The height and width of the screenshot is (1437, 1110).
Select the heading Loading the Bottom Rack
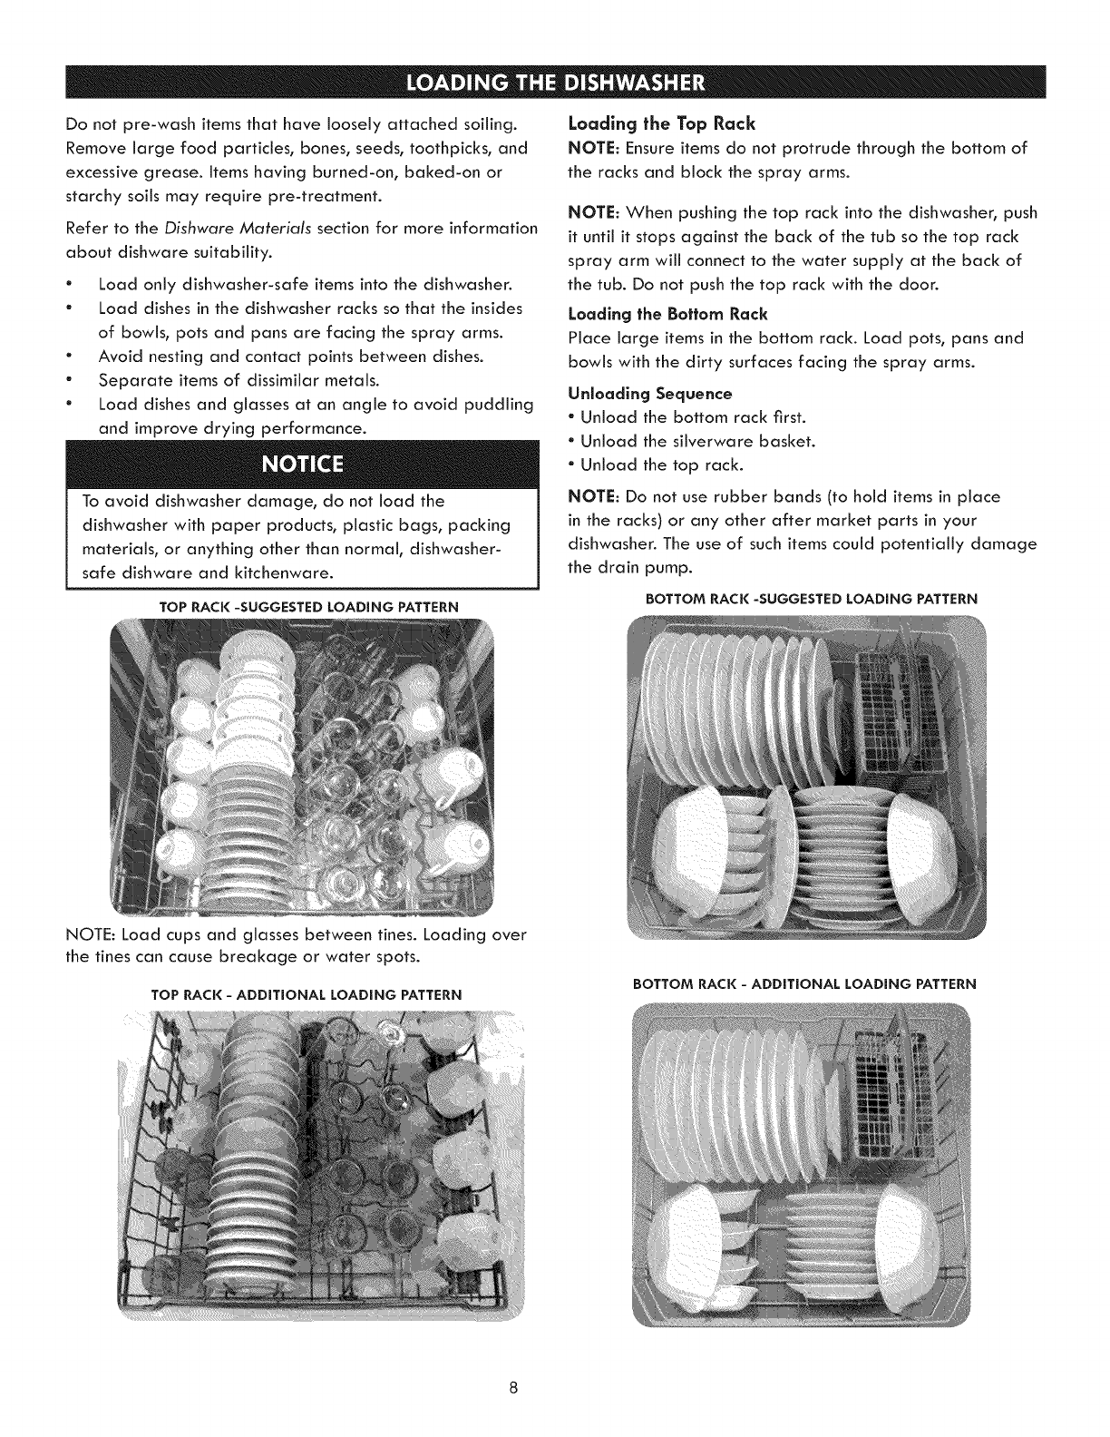tap(667, 314)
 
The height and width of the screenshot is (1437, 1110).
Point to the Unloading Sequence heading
tap(649, 394)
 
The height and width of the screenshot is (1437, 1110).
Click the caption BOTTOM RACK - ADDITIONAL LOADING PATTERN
tap(803, 983)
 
